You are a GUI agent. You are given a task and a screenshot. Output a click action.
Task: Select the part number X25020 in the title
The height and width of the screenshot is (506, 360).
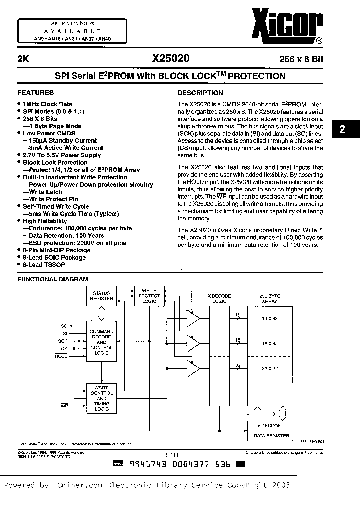(x=171, y=58)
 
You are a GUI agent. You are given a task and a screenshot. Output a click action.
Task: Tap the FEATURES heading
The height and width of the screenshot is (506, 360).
(x=35, y=93)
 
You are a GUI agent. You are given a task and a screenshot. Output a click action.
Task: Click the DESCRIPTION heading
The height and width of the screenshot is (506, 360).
(x=201, y=93)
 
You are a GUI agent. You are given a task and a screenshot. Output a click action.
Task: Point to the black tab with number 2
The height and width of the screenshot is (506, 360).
(x=342, y=130)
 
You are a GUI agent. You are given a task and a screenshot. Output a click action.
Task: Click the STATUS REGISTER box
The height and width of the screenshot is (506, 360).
(x=101, y=296)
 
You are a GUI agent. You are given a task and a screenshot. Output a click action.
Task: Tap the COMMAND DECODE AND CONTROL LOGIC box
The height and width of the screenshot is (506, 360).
(x=101, y=342)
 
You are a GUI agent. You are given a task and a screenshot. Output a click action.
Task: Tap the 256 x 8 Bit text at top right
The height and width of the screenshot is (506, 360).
(x=301, y=59)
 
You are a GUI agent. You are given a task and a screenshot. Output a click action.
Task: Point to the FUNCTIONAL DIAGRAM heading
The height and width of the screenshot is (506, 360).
(x=53, y=279)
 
